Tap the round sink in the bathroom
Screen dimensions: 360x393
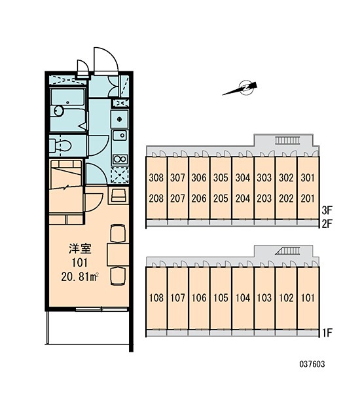click(x=59, y=111)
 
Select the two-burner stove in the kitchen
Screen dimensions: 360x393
click(x=120, y=159)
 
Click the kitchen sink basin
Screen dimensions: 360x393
click(x=120, y=136)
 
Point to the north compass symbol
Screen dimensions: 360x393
click(x=240, y=88)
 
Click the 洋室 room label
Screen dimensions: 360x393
click(x=80, y=248)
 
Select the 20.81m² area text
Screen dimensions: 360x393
click(x=80, y=276)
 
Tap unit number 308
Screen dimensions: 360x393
click(x=156, y=178)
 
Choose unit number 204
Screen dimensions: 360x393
click(x=243, y=198)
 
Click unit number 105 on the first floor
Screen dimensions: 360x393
click(x=221, y=298)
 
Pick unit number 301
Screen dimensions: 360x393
click(x=308, y=178)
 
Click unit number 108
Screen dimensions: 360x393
click(x=156, y=298)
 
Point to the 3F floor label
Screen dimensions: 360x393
click(x=327, y=210)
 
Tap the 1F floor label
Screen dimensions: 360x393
click(x=327, y=333)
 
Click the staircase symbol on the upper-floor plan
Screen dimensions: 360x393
click(x=287, y=140)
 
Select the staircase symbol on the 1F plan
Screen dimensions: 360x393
click(x=287, y=251)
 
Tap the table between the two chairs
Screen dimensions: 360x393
click(x=118, y=254)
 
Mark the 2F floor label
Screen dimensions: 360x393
click(x=327, y=223)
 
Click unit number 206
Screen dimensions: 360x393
click(x=199, y=198)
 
